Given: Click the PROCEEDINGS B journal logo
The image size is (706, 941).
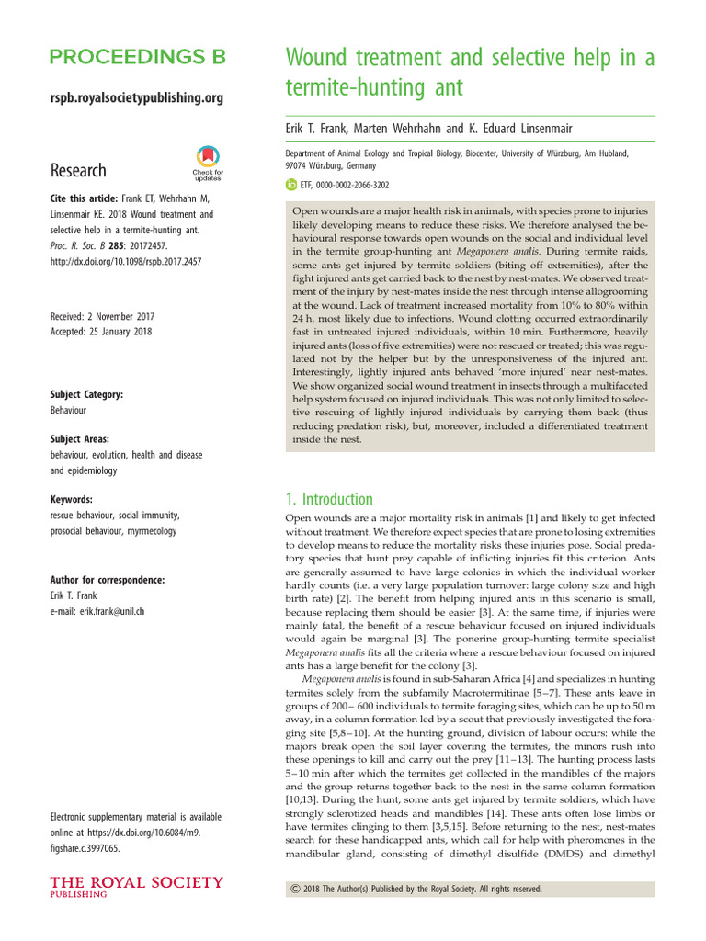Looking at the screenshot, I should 137,58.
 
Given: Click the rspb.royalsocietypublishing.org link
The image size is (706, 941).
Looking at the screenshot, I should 136,97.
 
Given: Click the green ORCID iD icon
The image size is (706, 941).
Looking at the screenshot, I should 292,185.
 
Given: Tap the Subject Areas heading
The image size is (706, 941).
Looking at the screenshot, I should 83,439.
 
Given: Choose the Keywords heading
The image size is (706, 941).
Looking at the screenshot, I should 72,501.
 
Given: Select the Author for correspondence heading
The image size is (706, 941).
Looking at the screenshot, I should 108,580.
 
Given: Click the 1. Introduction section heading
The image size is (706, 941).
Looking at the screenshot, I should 328,500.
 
